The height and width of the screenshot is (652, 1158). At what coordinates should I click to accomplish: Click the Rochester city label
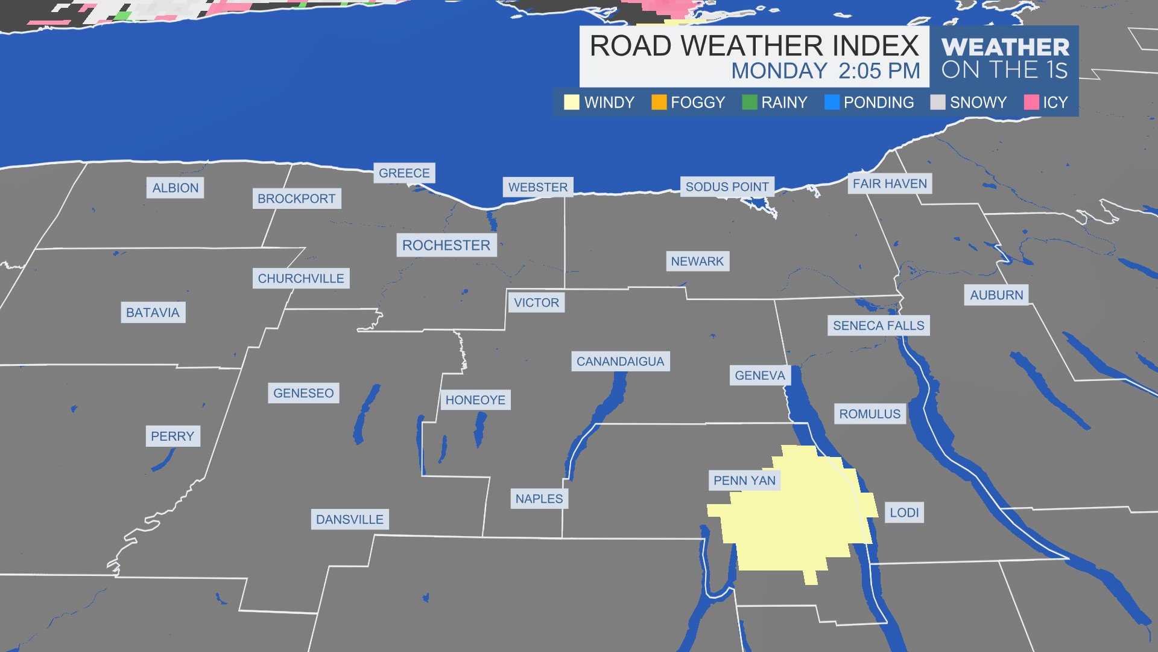point(446,245)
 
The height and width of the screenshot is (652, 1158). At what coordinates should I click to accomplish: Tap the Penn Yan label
point(744,481)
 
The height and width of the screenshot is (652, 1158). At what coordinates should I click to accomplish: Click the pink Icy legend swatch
point(1031,103)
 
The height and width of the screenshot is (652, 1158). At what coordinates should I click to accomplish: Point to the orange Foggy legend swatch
point(659,103)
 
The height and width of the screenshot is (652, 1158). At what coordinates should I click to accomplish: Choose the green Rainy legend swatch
point(750,103)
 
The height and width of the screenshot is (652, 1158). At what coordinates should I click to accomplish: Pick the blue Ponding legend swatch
point(832,103)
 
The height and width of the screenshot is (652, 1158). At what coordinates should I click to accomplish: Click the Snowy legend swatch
point(938,103)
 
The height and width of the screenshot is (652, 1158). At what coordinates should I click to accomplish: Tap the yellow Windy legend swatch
point(571,103)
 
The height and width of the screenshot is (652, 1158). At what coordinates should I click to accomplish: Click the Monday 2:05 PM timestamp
point(826,71)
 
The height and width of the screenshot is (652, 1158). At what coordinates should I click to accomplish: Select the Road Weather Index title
point(754,46)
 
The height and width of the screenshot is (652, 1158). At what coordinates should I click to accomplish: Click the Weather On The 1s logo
point(1005,59)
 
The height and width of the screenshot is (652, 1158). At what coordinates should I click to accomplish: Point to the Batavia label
point(153,313)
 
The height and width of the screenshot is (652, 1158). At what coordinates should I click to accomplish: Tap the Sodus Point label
point(727,187)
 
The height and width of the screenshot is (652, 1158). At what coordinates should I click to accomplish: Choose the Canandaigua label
point(620,362)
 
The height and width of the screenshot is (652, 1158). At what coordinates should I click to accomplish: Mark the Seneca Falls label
point(878,326)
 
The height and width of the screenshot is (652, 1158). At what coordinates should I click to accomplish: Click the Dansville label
point(350,519)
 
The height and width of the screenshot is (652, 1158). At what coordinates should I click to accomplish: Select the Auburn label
point(996,295)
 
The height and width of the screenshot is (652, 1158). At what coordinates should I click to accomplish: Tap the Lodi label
point(904,513)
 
